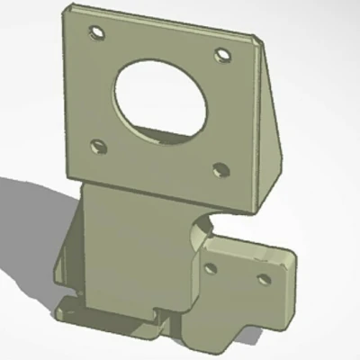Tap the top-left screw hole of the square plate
click(x=94, y=33)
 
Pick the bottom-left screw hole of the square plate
click(x=99, y=145)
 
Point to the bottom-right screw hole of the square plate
click(x=219, y=167)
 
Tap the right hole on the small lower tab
click(x=265, y=277)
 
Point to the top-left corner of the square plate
click(x=67, y=8)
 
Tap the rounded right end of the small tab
click(x=290, y=270)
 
